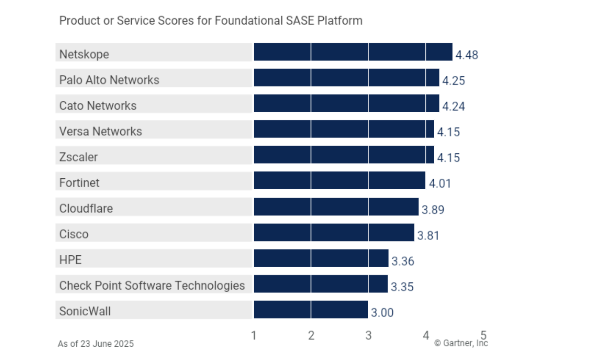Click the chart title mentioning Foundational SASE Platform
211,21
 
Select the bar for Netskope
353,52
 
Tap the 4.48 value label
466,55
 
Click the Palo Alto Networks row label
109,80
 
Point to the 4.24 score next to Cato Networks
453,107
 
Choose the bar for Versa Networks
344,129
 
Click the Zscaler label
78,157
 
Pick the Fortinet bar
339,180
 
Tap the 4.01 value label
440,184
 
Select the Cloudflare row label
86,208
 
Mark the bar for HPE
321,258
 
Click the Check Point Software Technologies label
152,286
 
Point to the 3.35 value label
402,287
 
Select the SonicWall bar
311,309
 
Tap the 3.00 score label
382,313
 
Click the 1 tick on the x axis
254,335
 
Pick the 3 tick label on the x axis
368,335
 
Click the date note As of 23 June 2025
96,344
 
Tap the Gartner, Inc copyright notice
461,343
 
